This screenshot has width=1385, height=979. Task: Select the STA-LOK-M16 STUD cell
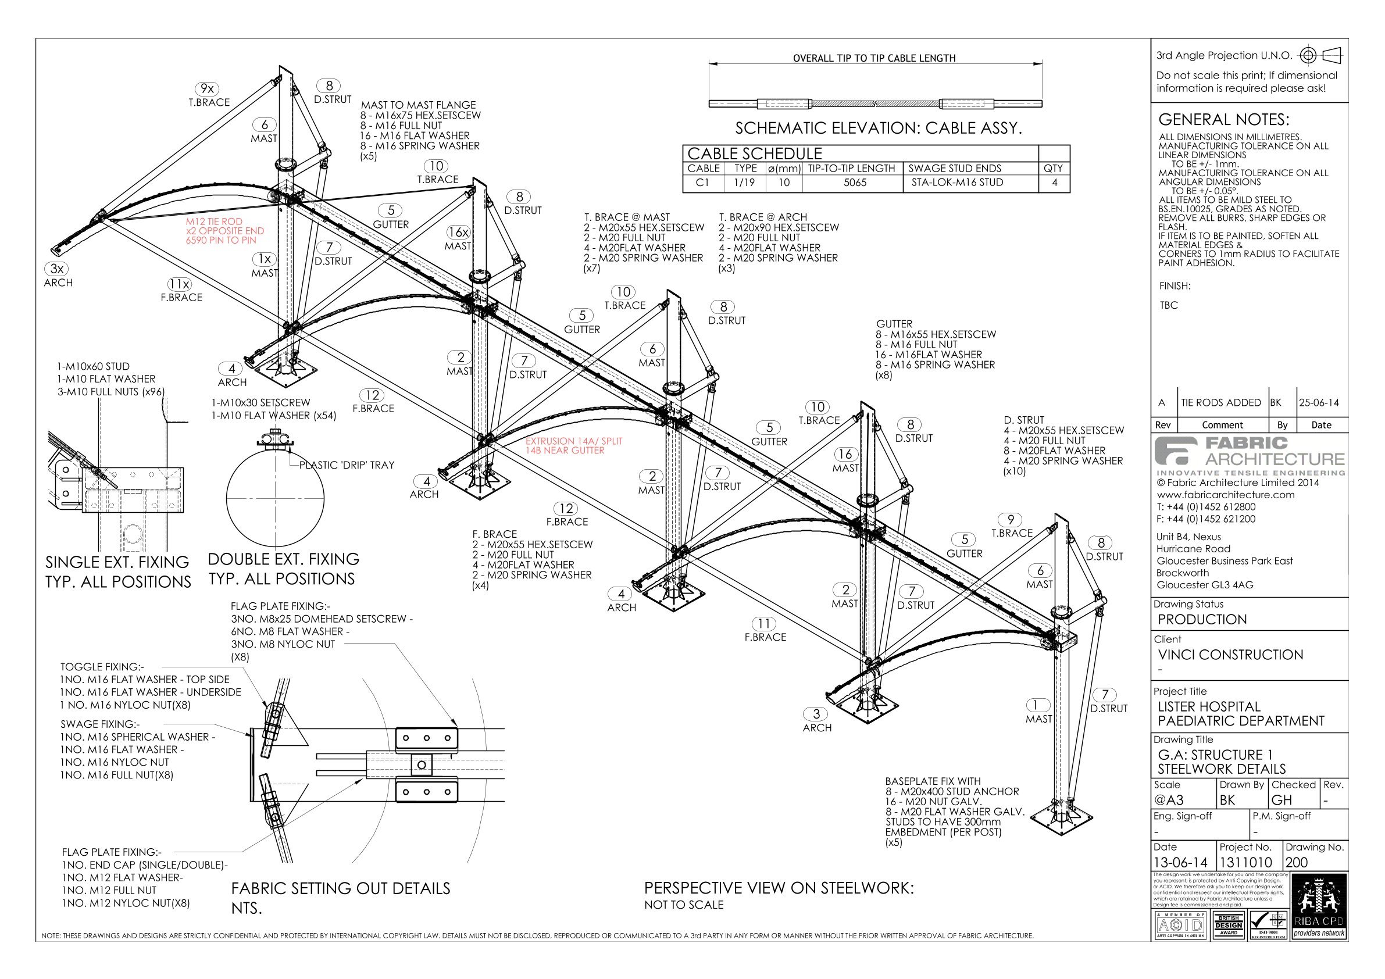955,183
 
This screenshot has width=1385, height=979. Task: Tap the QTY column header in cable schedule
1053,168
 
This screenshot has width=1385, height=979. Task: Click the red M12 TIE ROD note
224,231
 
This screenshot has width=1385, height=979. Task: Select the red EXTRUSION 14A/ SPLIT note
573,446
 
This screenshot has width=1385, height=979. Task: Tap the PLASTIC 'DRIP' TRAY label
347,465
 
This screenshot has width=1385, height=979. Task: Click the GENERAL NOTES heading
1223,119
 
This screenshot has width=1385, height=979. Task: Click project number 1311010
1245,863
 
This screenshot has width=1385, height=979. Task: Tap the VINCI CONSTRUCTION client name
1230,655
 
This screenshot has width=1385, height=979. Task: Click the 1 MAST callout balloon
1038,705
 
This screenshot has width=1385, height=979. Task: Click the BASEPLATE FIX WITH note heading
933,781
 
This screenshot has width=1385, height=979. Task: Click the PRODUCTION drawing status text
1202,620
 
